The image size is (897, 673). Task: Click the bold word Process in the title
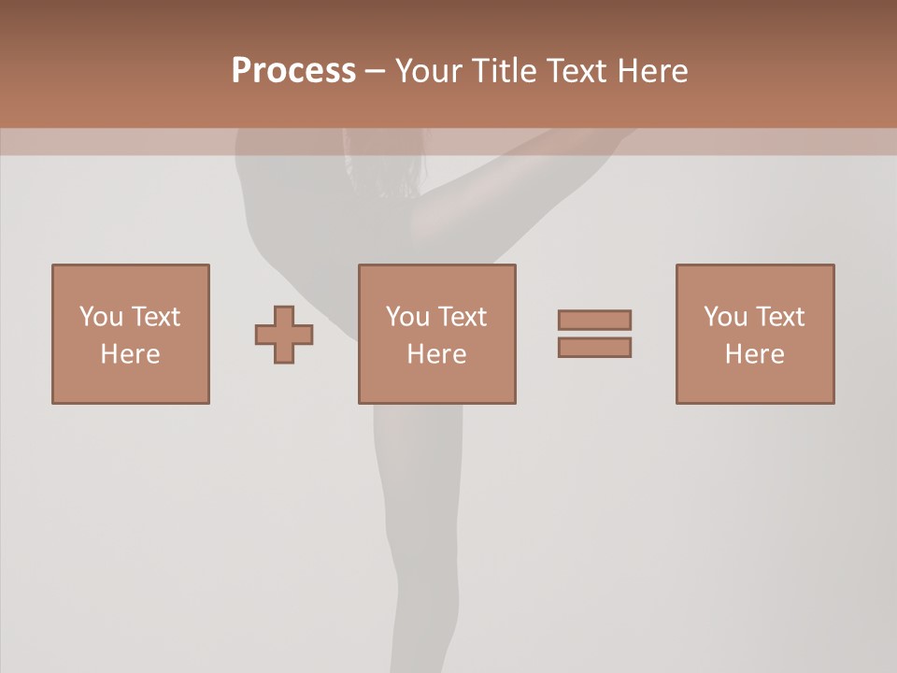coord(293,71)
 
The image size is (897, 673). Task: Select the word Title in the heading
coord(504,71)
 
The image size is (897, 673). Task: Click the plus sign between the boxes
coord(284,334)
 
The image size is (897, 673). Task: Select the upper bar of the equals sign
coord(594,320)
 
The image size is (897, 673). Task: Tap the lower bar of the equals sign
coord(594,348)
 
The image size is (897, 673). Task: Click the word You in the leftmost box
coord(101,317)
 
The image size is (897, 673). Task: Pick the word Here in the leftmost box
coord(130,354)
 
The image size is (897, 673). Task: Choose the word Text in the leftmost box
coord(155,317)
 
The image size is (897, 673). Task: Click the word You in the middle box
coord(407,317)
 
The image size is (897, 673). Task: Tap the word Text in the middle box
coord(462,317)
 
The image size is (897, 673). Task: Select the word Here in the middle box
coord(436,354)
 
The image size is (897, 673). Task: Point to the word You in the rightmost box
coord(725,317)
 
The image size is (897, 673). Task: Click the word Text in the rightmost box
coord(779,317)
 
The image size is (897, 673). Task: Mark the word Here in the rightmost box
coord(754,354)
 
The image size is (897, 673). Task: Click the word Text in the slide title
coord(573,71)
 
